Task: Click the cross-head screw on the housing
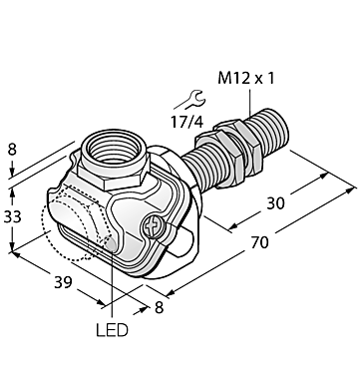point(156,228)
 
